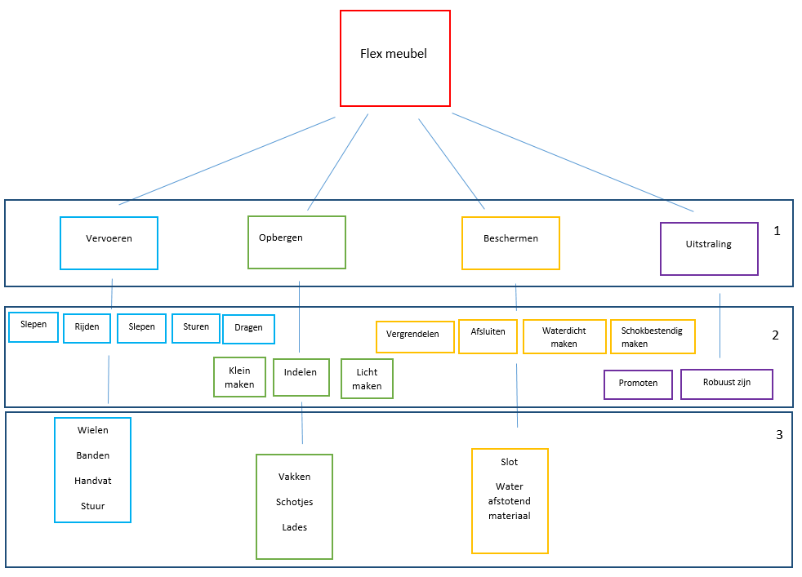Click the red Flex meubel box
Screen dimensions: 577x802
click(x=394, y=58)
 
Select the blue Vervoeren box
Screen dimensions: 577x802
click(x=109, y=242)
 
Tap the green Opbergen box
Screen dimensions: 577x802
click(x=296, y=242)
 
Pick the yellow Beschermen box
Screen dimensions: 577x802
click(x=510, y=242)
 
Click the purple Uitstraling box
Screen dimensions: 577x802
click(x=709, y=248)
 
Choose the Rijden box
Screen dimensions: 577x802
click(x=87, y=328)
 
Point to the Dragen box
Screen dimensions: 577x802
click(x=248, y=329)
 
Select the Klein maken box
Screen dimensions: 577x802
click(x=239, y=377)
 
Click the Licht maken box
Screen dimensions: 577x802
click(x=367, y=379)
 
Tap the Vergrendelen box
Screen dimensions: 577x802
click(x=414, y=336)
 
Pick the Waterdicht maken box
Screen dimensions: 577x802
click(x=564, y=336)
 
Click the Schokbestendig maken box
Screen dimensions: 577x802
click(x=653, y=336)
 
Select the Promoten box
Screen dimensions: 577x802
click(x=638, y=384)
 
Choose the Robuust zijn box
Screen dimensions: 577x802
click(x=726, y=384)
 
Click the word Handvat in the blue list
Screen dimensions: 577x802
click(x=92, y=481)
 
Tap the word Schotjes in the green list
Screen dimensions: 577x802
click(x=294, y=502)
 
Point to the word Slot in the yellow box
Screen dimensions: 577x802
click(x=509, y=462)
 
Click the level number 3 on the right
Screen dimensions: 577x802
click(x=778, y=435)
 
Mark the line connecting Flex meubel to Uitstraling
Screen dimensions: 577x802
click(x=572, y=162)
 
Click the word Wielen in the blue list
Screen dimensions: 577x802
click(x=92, y=430)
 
